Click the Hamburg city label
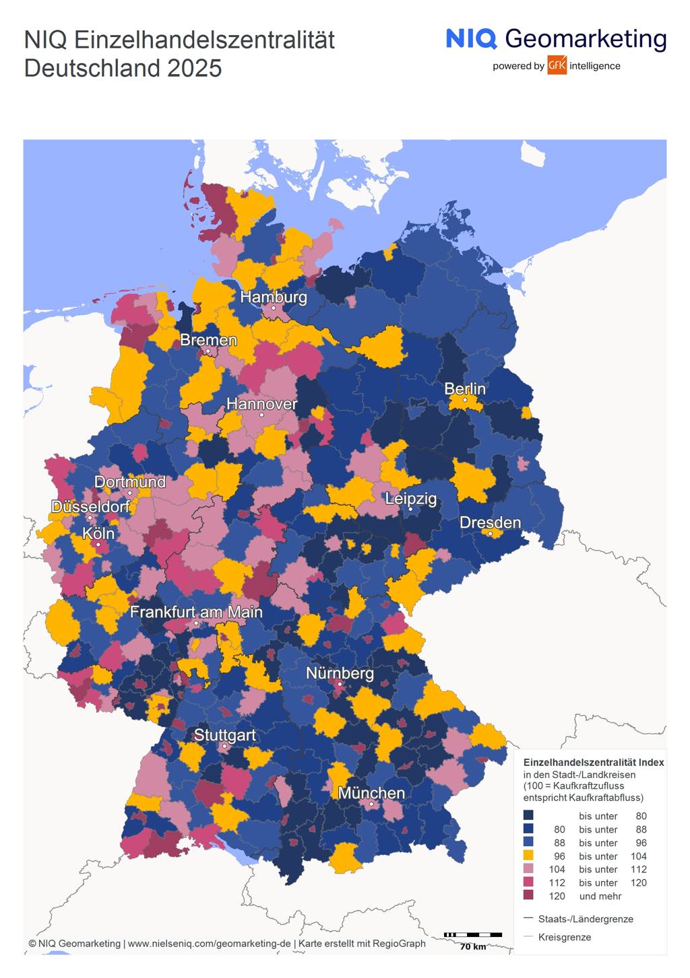[274, 297]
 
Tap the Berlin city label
[465, 389]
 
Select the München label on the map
[371, 793]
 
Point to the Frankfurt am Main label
[196, 612]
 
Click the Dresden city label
[490, 522]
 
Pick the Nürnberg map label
[340, 673]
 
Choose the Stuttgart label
[224, 735]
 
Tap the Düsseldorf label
[90, 506]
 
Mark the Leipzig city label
[410, 499]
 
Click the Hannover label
[261, 404]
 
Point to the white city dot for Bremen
[208, 351]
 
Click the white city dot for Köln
[98, 545]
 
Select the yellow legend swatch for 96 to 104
[528, 855]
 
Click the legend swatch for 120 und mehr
[528, 895]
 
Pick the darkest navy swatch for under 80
[528, 816]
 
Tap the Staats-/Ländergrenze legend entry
[585, 919]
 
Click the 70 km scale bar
[473, 935]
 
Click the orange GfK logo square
[557, 65]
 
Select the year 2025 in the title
[195, 69]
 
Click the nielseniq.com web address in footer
[209, 944]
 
